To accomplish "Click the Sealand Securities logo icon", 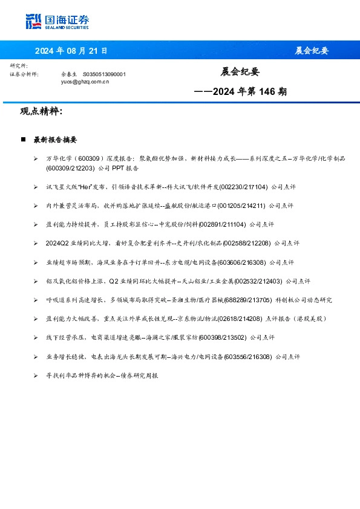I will point(33,21).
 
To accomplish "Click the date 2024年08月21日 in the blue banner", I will point(71,51).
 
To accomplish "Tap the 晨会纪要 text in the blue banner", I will point(312,51).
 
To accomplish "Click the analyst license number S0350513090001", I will point(104,74).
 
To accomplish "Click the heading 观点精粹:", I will point(41,112).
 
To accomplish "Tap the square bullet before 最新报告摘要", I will point(23,140).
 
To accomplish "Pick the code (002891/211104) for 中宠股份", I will point(221,224).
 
